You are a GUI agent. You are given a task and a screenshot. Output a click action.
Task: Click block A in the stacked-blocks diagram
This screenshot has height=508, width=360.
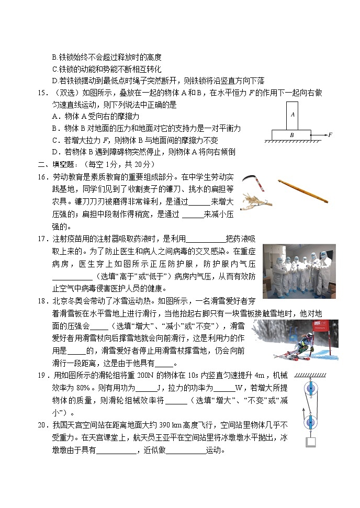click(292, 115)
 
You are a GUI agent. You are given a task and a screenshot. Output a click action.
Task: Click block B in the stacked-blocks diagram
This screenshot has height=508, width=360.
click(292, 134)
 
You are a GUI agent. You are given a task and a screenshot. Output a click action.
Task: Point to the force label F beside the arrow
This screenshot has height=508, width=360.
click(330, 135)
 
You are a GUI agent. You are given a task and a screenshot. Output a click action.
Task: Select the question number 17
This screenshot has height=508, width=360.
click(42, 239)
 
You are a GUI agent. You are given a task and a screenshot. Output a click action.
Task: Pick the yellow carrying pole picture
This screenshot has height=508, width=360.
click(303, 190)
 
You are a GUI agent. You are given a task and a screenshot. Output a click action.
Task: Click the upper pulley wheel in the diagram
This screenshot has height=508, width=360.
click(312, 390)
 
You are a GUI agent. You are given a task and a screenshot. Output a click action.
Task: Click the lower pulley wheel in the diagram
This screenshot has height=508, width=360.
click(312, 422)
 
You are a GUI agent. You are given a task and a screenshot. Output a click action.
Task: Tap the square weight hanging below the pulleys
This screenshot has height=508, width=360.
click(312, 442)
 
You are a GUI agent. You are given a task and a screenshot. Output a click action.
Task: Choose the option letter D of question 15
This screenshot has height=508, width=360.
click(54, 152)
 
